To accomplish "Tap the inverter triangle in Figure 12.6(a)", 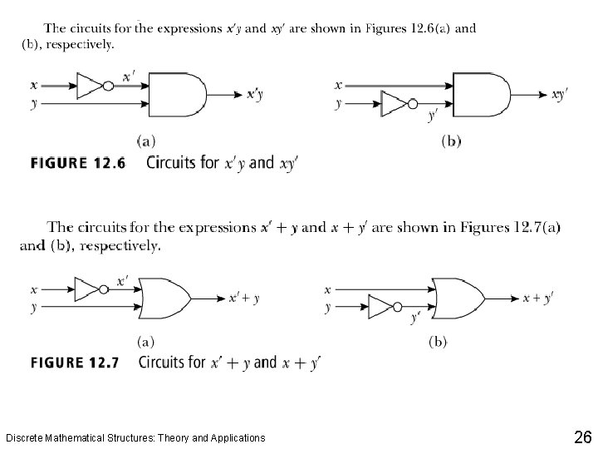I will point(88,84).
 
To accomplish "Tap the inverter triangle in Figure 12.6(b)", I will point(393,105).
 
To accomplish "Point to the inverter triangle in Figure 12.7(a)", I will point(86,289).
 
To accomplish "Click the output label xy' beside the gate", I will point(560,95).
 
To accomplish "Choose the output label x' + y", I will point(244,298).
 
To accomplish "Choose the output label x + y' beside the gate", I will point(538,297).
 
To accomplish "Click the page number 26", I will point(581,437).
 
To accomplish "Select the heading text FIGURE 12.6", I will point(77,164).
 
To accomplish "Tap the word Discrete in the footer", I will point(25,437).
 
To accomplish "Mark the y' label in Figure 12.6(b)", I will point(433,116).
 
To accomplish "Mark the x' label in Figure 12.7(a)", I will point(123,281).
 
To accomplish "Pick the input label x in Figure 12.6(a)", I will point(32,84).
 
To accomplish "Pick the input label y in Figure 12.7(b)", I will point(328,308).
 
